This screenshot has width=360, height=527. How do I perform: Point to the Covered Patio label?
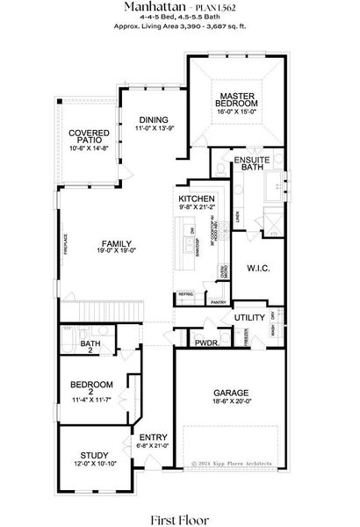pyautogui.click(x=88, y=136)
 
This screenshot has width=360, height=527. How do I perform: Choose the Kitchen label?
pyautogui.click(x=196, y=199)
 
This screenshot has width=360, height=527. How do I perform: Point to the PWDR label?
pyautogui.click(x=205, y=343)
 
